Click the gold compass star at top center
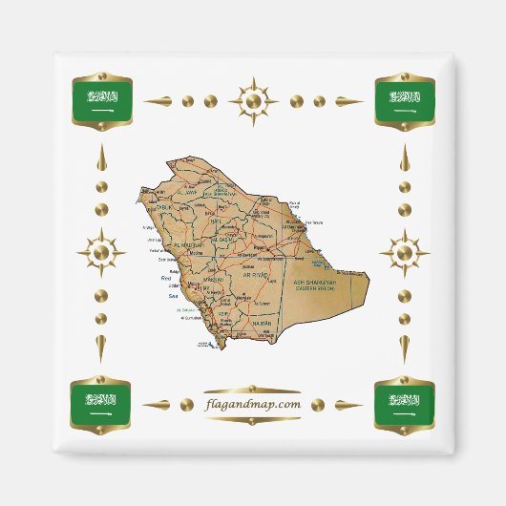(x=253, y=100)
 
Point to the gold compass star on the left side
(x=102, y=253)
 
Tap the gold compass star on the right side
(x=404, y=253)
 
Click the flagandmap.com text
(x=253, y=404)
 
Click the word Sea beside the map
(x=174, y=296)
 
